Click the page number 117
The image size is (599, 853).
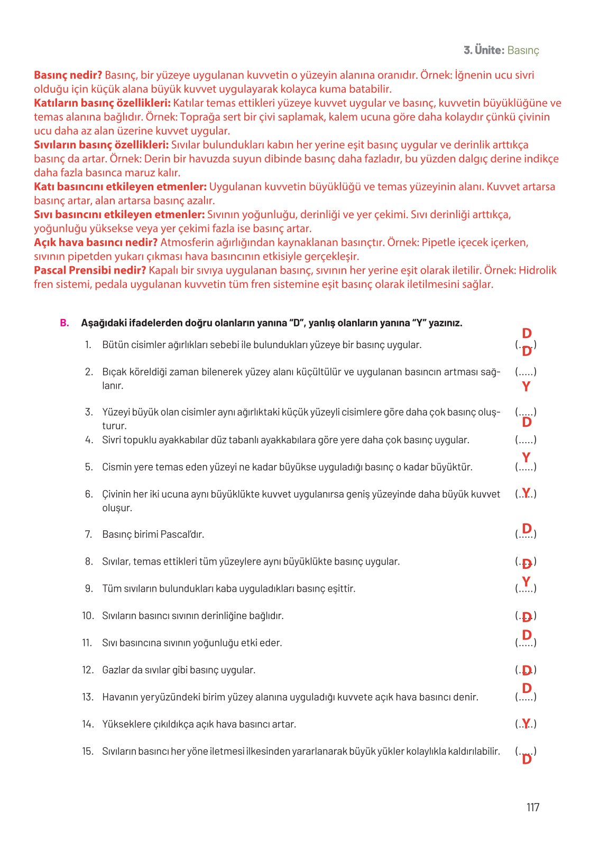click(x=532, y=807)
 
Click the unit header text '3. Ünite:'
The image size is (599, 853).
click(x=484, y=50)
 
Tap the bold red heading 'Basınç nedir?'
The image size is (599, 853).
click(x=68, y=75)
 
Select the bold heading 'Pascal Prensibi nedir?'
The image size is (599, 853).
click(x=90, y=270)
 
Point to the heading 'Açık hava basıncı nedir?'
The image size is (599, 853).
click(x=96, y=242)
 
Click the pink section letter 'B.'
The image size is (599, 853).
click(x=64, y=323)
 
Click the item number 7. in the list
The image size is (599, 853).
click(x=88, y=534)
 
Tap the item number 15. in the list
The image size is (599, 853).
click(x=87, y=751)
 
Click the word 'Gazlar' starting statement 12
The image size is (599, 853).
click(x=116, y=670)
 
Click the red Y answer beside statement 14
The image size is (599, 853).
click(x=526, y=723)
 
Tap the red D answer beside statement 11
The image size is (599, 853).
click(x=527, y=635)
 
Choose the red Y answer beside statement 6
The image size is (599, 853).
click(x=526, y=493)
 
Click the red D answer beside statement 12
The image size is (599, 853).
click(x=526, y=670)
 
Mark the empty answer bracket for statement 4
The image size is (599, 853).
click(x=526, y=439)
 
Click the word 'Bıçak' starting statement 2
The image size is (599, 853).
click(x=114, y=372)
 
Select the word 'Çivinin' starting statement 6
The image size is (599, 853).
click(x=117, y=494)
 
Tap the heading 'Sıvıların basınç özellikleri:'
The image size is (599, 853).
click(x=101, y=145)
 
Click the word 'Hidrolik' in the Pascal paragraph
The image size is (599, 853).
click(x=537, y=270)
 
